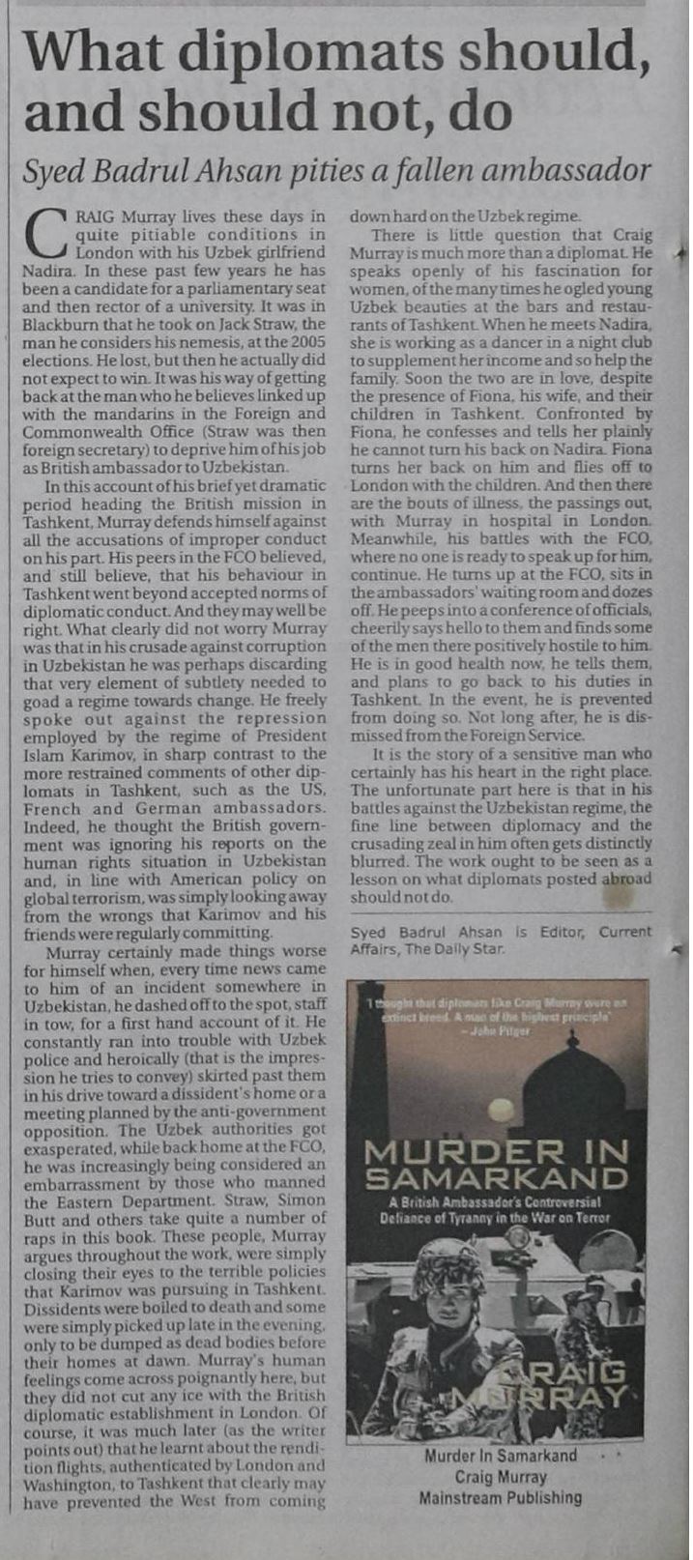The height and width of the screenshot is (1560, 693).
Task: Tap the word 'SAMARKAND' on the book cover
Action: point(497,1178)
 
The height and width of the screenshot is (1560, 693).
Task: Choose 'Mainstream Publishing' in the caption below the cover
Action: point(500,1498)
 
